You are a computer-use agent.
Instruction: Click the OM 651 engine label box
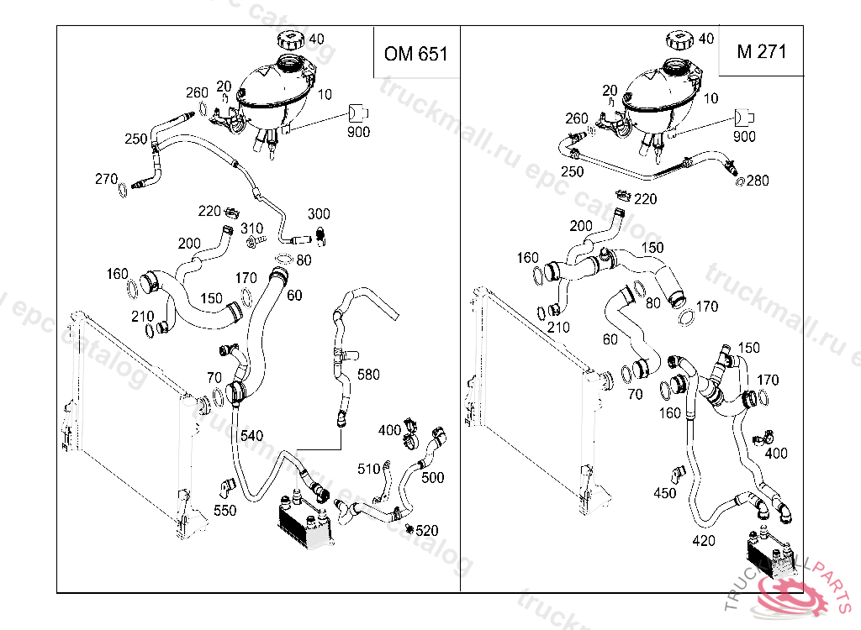pos(416,54)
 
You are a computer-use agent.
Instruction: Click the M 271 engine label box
pos(761,51)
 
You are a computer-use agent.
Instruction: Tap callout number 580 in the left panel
pos(368,375)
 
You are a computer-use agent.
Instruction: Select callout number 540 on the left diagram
pos(251,435)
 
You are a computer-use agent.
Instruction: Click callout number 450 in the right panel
pos(664,493)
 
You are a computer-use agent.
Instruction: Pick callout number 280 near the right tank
pos(757,180)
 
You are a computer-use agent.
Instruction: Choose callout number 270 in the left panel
pos(106,178)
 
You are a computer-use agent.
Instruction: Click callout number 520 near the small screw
pos(427,531)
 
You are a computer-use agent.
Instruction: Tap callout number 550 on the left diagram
pos(224,510)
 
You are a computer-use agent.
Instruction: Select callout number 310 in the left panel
pos(252,228)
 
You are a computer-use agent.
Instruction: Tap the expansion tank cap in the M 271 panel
pos(679,40)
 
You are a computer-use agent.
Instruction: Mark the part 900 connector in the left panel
pos(359,113)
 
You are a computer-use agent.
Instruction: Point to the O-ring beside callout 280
pos(739,181)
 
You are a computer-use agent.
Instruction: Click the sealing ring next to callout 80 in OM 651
pos(283,260)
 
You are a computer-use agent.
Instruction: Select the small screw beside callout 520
pos(409,528)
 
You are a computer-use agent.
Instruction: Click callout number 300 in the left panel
pos(319,214)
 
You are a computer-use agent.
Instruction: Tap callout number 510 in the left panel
pos(369,469)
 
